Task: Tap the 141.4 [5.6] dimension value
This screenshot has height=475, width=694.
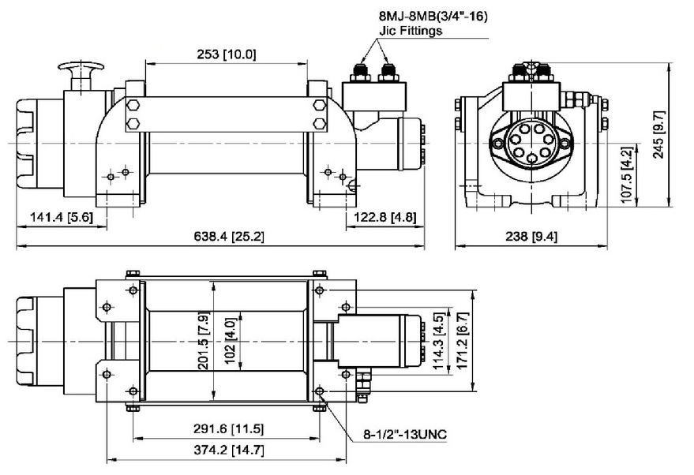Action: [x=58, y=217]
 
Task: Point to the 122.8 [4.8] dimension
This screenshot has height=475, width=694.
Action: [x=385, y=217]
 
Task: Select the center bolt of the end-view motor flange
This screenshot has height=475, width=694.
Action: [x=531, y=143]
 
